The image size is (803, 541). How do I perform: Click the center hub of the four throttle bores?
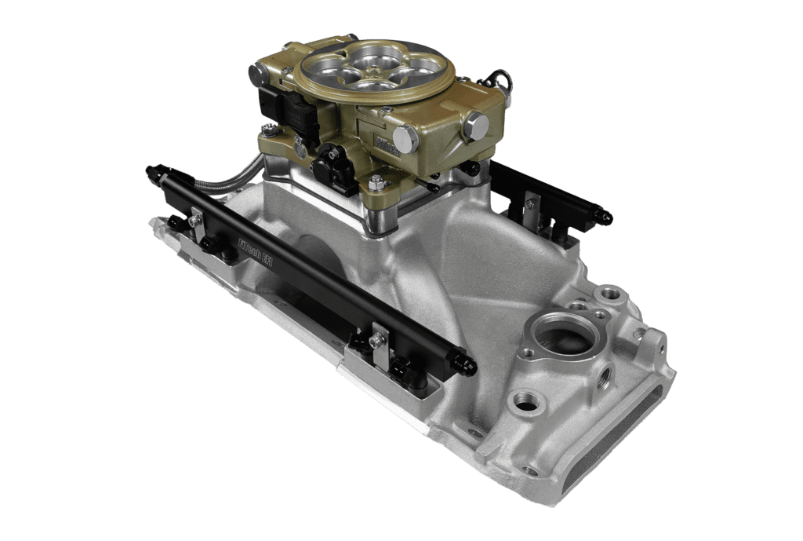[372, 69]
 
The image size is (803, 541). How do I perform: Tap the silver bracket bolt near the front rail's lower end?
[380, 340]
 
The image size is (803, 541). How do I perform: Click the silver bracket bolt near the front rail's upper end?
[194, 221]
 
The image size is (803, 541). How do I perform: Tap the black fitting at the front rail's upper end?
[153, 170]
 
